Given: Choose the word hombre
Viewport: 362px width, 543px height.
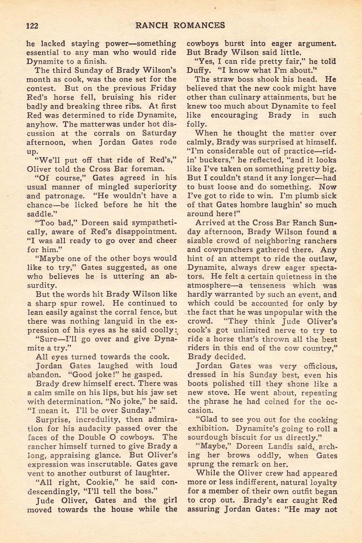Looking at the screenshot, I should tap(256, 205).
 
